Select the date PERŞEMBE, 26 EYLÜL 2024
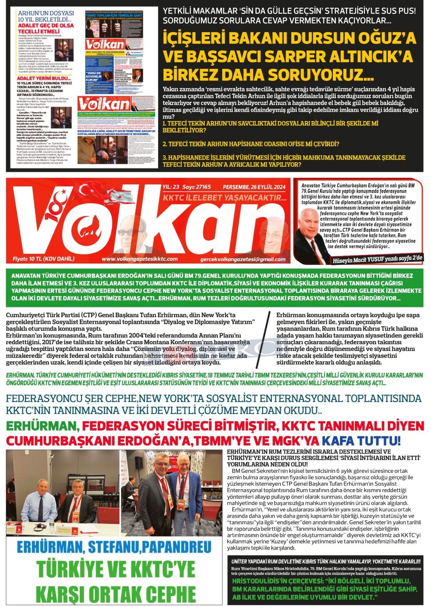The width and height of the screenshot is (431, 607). pyautogui.click(x=254, y=187)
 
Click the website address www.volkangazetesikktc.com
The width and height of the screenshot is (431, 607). pyautogui.click(x=140, y=259)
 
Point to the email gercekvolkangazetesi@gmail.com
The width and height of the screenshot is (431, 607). pyautogui.click(x=243, y=260)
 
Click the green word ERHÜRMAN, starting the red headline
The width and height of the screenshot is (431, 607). pyautogui.click(x=42, y=426)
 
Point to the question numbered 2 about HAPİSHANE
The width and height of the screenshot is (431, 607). pyautogui.click(x=250, y=144)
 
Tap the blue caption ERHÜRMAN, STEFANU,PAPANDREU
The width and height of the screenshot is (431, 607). pyautogui.click(x=114, y=547)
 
